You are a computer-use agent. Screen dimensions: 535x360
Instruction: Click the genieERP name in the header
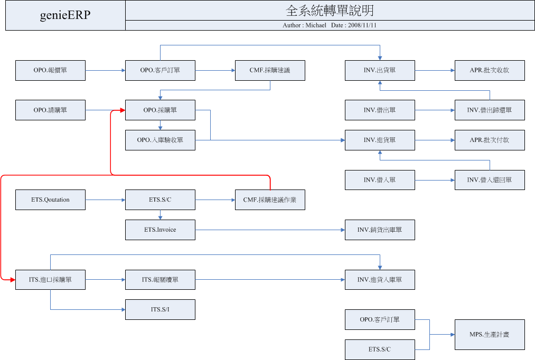[x=65, y=15]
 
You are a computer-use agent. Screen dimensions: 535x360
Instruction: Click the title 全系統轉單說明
[x=330, y=11]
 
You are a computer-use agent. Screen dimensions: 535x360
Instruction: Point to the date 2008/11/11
[x=362, y=25]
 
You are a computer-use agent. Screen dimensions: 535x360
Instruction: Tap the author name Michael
[x=316, y=25]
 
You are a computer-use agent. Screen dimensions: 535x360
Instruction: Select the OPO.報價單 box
[x=51, y=71]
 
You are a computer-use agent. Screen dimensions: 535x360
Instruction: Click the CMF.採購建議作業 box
[x=270, y=200]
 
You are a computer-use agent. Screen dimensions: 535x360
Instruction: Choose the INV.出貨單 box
[x=380, y=71]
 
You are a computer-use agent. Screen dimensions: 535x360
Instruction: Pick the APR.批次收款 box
[x=490, y=71]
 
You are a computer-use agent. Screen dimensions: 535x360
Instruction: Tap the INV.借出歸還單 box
[x=490, y=110]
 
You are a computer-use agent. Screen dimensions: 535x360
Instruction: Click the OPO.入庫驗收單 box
[x=161, y=140]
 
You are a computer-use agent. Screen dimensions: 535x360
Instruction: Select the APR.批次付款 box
[x=490, y=140]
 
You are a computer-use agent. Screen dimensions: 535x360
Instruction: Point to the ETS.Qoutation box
[x=51, y=200]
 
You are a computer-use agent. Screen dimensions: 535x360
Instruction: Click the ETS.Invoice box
[x=161, y=230]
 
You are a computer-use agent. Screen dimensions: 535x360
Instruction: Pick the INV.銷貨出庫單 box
[x=380, y=230]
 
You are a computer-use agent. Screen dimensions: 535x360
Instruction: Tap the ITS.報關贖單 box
[x=161, y=280]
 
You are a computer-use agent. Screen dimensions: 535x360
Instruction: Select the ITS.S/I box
[x=161, y=309]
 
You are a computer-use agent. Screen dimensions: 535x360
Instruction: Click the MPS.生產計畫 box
[x=490, y=335]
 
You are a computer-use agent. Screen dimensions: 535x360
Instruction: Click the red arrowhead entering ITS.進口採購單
[x=13, y=280]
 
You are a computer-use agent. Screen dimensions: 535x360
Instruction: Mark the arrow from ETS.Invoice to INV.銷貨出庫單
[x=270, y=230]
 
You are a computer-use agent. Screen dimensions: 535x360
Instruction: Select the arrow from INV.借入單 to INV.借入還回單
[x=435, y=180]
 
